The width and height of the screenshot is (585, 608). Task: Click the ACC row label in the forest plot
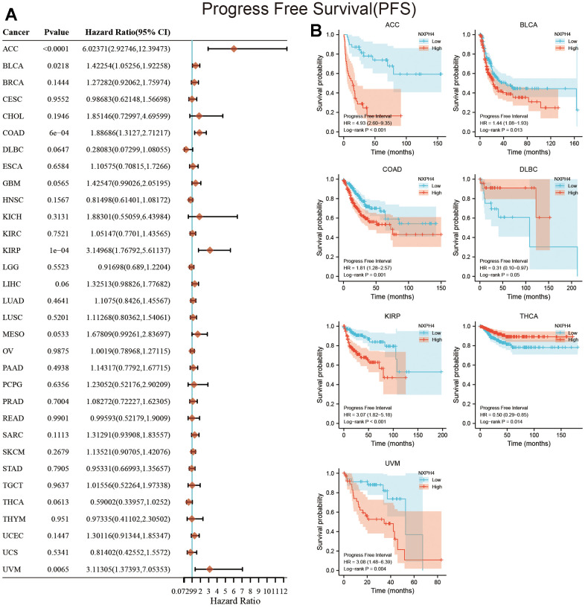11,49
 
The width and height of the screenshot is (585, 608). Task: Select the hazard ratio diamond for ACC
234,49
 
